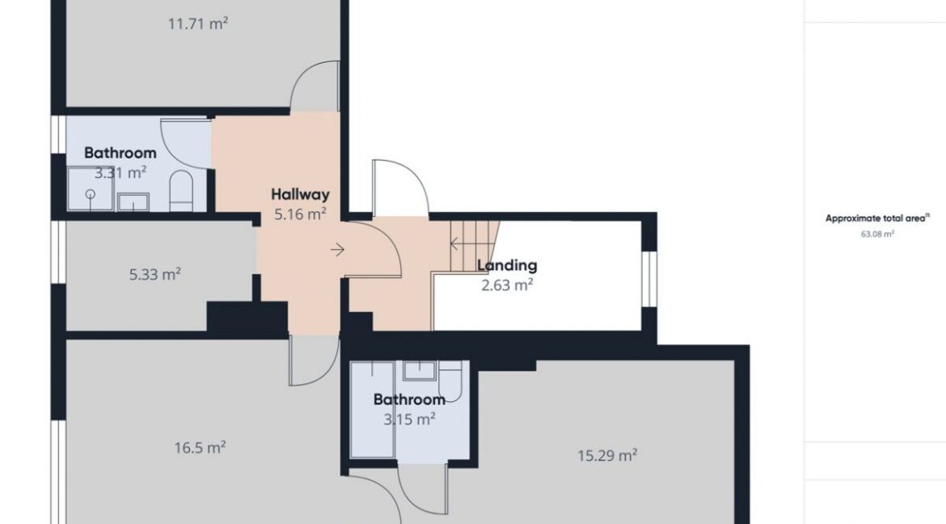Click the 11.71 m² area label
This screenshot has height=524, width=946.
(x=198, y=24)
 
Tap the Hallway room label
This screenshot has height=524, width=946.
(x=300, y=195)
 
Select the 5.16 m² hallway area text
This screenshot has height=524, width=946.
(x=301, y=213)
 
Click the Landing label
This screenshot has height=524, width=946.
(x=507, y=265)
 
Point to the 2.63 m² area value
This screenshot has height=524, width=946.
(x=507, y=285)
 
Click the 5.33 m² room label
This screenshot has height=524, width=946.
(x=155, y=275)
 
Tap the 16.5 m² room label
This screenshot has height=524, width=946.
(x=200, y=448)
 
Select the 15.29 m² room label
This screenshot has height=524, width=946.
(x=607, y=455)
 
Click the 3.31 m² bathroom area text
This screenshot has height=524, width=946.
(x=120, y=173)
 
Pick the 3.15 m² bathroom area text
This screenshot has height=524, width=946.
(x=410, y=418)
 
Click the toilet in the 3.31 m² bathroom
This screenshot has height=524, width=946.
(x=180, y=190)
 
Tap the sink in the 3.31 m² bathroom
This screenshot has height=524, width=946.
(x=133, y=201)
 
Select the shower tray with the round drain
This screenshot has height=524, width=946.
(x=91, y=189)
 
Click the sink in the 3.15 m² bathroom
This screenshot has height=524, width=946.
(x=420, y=370)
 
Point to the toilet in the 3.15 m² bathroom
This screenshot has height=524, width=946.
(x=450, y=381)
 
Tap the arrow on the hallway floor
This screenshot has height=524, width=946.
(x=337, y=249)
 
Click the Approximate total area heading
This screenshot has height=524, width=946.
(x=876, y=218)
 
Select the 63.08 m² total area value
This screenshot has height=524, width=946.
(x=877, y=235)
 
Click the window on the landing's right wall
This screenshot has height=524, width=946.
(x=648, y=279)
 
